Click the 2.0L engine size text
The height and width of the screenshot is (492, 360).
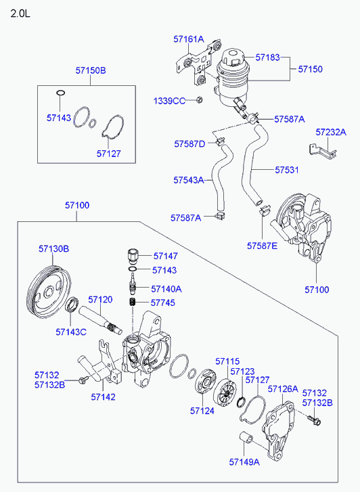coord(20,14)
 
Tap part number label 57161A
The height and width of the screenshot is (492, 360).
coord(189,39)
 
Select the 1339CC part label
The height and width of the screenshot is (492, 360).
coord(169,101)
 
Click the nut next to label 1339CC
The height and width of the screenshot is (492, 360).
coord(199,100)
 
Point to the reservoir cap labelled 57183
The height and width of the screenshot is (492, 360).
coord(233,58)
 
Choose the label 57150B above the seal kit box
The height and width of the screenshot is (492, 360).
coord(91,70)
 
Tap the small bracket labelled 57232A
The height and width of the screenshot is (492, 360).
coord(322,151)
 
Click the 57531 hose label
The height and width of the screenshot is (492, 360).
coord(287,170)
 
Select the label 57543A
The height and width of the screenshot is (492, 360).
coord(189,180)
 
